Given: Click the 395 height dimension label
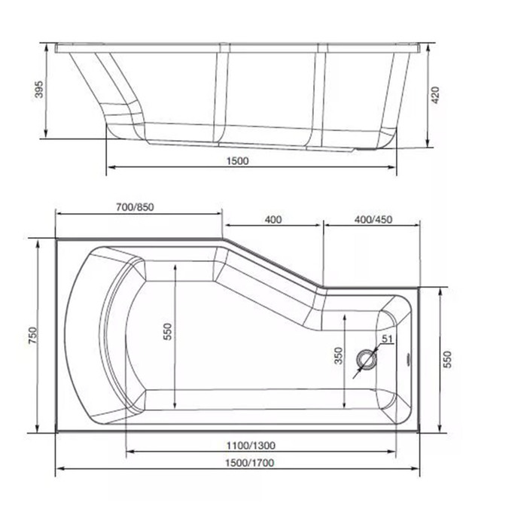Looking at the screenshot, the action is coord(39,89).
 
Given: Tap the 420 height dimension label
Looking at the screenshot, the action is coord(435,95).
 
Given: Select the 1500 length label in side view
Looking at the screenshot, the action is coord(238,161).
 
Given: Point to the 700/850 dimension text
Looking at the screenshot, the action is coord(135,207).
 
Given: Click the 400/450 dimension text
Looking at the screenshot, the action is coord(373,220).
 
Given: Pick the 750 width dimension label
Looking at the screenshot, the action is coord(33,335).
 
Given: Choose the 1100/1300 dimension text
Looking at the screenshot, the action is coord(251,446).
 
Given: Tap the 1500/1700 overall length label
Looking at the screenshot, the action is coord(249,463).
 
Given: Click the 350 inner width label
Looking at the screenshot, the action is coord(339,355).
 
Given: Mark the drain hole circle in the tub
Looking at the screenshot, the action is coord(367,358).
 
